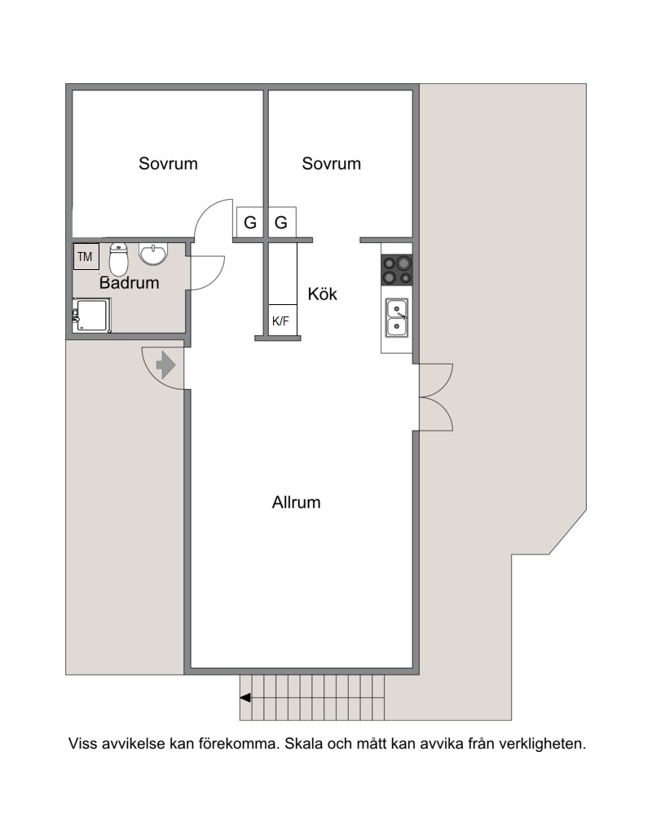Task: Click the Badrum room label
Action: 130,282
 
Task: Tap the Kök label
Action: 322,294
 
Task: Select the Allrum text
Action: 296,502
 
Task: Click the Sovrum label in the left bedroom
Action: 169,163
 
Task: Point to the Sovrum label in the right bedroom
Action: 332,163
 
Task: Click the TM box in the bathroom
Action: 86,256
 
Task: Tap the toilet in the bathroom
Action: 118,259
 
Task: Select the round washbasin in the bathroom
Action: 153,254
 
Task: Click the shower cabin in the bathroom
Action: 91,315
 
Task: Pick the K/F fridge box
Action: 282,321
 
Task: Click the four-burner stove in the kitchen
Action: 398,270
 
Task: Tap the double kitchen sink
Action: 397,318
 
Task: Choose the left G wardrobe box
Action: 250,223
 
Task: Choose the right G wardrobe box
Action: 281,223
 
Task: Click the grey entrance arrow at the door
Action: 165,365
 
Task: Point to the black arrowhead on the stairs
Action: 245,698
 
